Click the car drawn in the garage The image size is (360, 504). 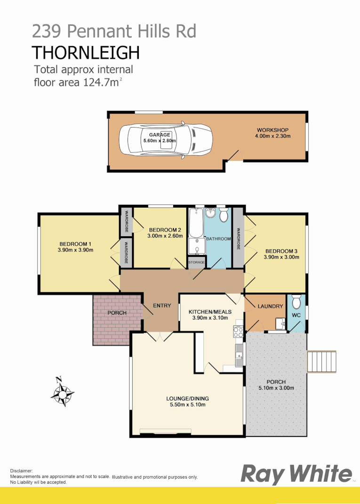pyautogui.click(x=165, y=141)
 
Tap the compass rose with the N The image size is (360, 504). pyautogui.click(x=62, y=392)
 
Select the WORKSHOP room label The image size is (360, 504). pyautogui.click(x=272, y=130)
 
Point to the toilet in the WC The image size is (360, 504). pyautogui.click(x=296, y=302)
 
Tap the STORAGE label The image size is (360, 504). pyautogui.click(x=196, y=262)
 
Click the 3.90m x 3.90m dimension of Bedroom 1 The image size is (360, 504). pyautogui.click(x=75, y=250)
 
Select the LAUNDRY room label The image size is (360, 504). pyautogui.click(x=270, y=306)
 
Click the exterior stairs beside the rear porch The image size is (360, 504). pyautogui.click(x=322, y=361)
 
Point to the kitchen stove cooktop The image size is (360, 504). pyautogui.click(x=238, y=332)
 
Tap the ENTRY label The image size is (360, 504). pyautogui.click(x=162, y=306)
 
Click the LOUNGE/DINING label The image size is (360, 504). pyautogui.click(x=186, y=398)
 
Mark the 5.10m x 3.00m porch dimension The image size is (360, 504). pyautogui.click(x=276, y=388)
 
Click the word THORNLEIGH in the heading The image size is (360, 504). pyautogui.click(x=86, y=53)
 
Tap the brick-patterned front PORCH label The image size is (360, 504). pyautogui.click(x=117, y=313)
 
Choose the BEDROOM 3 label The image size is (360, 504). pyautogui.click(x=281, y=251)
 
